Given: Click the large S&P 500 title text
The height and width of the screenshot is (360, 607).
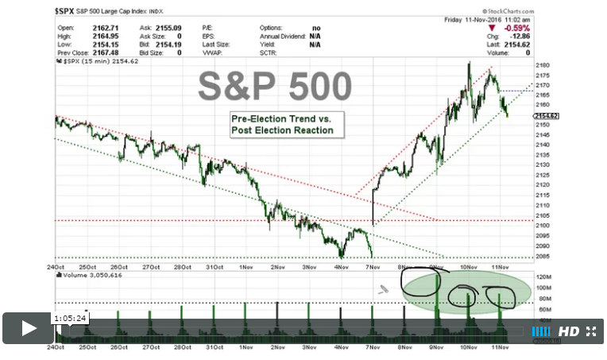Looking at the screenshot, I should (x=273, y=86).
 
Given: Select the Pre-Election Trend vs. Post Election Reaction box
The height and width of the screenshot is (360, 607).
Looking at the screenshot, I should (x=282, y=124).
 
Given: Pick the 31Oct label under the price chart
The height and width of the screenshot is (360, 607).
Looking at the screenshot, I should (x=214, y=268).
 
